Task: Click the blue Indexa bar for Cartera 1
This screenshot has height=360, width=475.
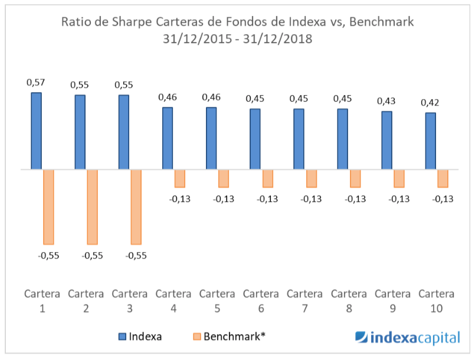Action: pyautogui.click(x=37, y=131)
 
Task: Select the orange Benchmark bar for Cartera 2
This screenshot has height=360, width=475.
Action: pyautogui.click(x=92, y=207)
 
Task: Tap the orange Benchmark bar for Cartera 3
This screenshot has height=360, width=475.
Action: pyautogui.click(x=136, y=207)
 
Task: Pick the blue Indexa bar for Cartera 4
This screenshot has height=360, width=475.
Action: pyautogui.click(x=168, y=139)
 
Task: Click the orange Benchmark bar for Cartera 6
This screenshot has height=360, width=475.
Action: pyautogui.click(x=267, y=178)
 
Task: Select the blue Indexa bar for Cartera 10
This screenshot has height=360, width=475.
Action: pyautogui.click(x=431, y=141)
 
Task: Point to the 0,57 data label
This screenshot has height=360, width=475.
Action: pyautogui.click(x=36, y=82)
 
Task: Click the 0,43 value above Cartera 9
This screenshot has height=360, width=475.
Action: pyautogui.click(x=386, y=101)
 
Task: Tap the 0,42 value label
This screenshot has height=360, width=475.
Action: pyautogui.click(x=430, y=103)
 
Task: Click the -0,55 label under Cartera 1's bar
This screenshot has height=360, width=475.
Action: pyautogui.click(x=48, y=256)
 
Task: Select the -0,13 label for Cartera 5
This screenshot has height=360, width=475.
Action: pyautogui.click(x=223, y=199)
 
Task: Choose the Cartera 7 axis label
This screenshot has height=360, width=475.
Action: pyautogui.click(x=305, y=300)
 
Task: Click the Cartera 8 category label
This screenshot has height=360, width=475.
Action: pyautogui.click(x=349, y=300)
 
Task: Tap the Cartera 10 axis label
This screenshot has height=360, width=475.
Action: pyautogui.click(x=436, y=300)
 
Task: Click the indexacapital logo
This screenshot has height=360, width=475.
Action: pyautogui.click(x=407, y=338)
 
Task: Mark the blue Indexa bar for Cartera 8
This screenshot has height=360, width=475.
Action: pyautogui.click(x=343, y=139)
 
